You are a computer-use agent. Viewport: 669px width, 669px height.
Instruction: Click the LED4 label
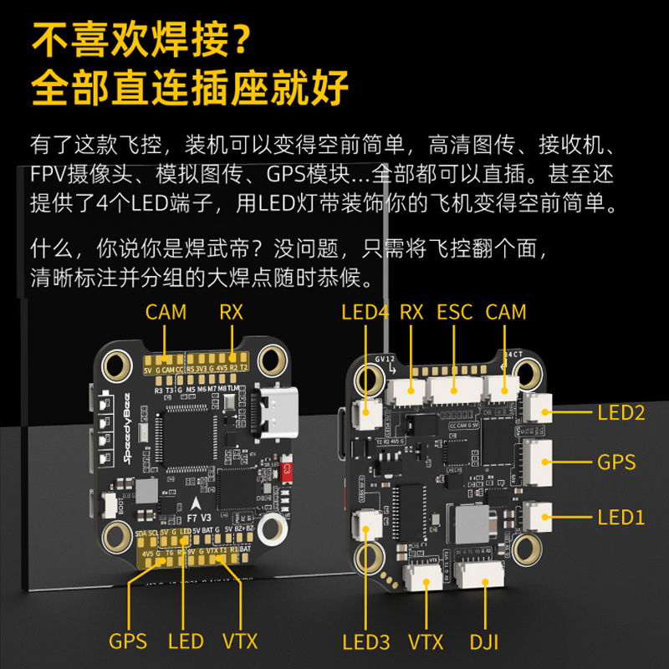pyautogui.click(x=365, y=313)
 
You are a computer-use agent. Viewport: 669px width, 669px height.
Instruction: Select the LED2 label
pyautogui.click(x=621, y=411)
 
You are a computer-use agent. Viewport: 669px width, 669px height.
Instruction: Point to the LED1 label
pyautogui.click(x=621, y=517)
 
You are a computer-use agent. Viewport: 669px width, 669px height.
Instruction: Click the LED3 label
pyautogui.click(x=366, y=642)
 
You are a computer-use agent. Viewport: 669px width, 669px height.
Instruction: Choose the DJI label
pyautogui.click(x=483, y=642)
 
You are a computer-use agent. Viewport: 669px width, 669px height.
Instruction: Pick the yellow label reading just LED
pyautogui.click(x=186, y=641)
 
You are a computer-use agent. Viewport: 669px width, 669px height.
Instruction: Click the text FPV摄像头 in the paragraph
pyautogui.click(x=79, y=176)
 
